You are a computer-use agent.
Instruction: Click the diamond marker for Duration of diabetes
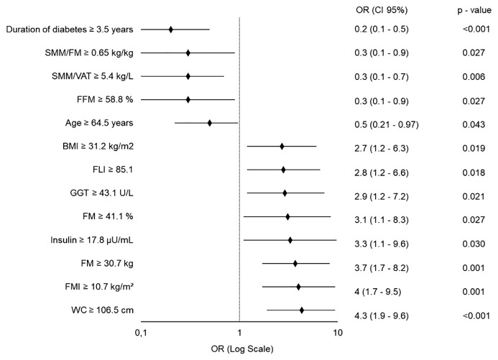(x=171, y=29)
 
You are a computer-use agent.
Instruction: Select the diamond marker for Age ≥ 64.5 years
(x=210, y=123)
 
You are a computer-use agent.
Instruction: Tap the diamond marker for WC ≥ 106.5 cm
(x=302, y=310)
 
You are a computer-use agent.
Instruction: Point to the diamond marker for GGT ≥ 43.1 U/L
(x=285, y=193)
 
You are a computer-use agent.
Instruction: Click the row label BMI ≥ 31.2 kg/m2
(x=98, y=147)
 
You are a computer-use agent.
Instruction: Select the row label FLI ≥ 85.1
(x=113, y=170)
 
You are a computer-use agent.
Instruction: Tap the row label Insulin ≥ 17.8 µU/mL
(x=92, y=240)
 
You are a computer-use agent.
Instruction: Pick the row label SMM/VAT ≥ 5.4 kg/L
(x=93, y=76)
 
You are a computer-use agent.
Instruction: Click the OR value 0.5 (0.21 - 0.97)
(x=387, y=124)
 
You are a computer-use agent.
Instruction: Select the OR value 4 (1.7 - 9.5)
(x=377, y=292)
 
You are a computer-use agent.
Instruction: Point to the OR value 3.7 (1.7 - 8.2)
(x=382, y=267)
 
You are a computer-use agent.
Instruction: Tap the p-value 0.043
(x=474, y=124)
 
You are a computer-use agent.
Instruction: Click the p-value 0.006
(x=474, y=76)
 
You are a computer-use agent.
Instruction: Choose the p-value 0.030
(x=474, y=244)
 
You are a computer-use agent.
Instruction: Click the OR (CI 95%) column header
(x=382, y=10)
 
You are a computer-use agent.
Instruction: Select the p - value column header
(x=474, y=11)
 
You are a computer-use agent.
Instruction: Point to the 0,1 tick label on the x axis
(x=141, y=333)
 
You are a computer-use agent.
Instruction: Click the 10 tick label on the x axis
(x=338, y=333)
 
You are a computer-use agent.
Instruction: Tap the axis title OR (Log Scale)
(x=242, y=349)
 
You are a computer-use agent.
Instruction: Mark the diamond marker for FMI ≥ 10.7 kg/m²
(x=298, y=287)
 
